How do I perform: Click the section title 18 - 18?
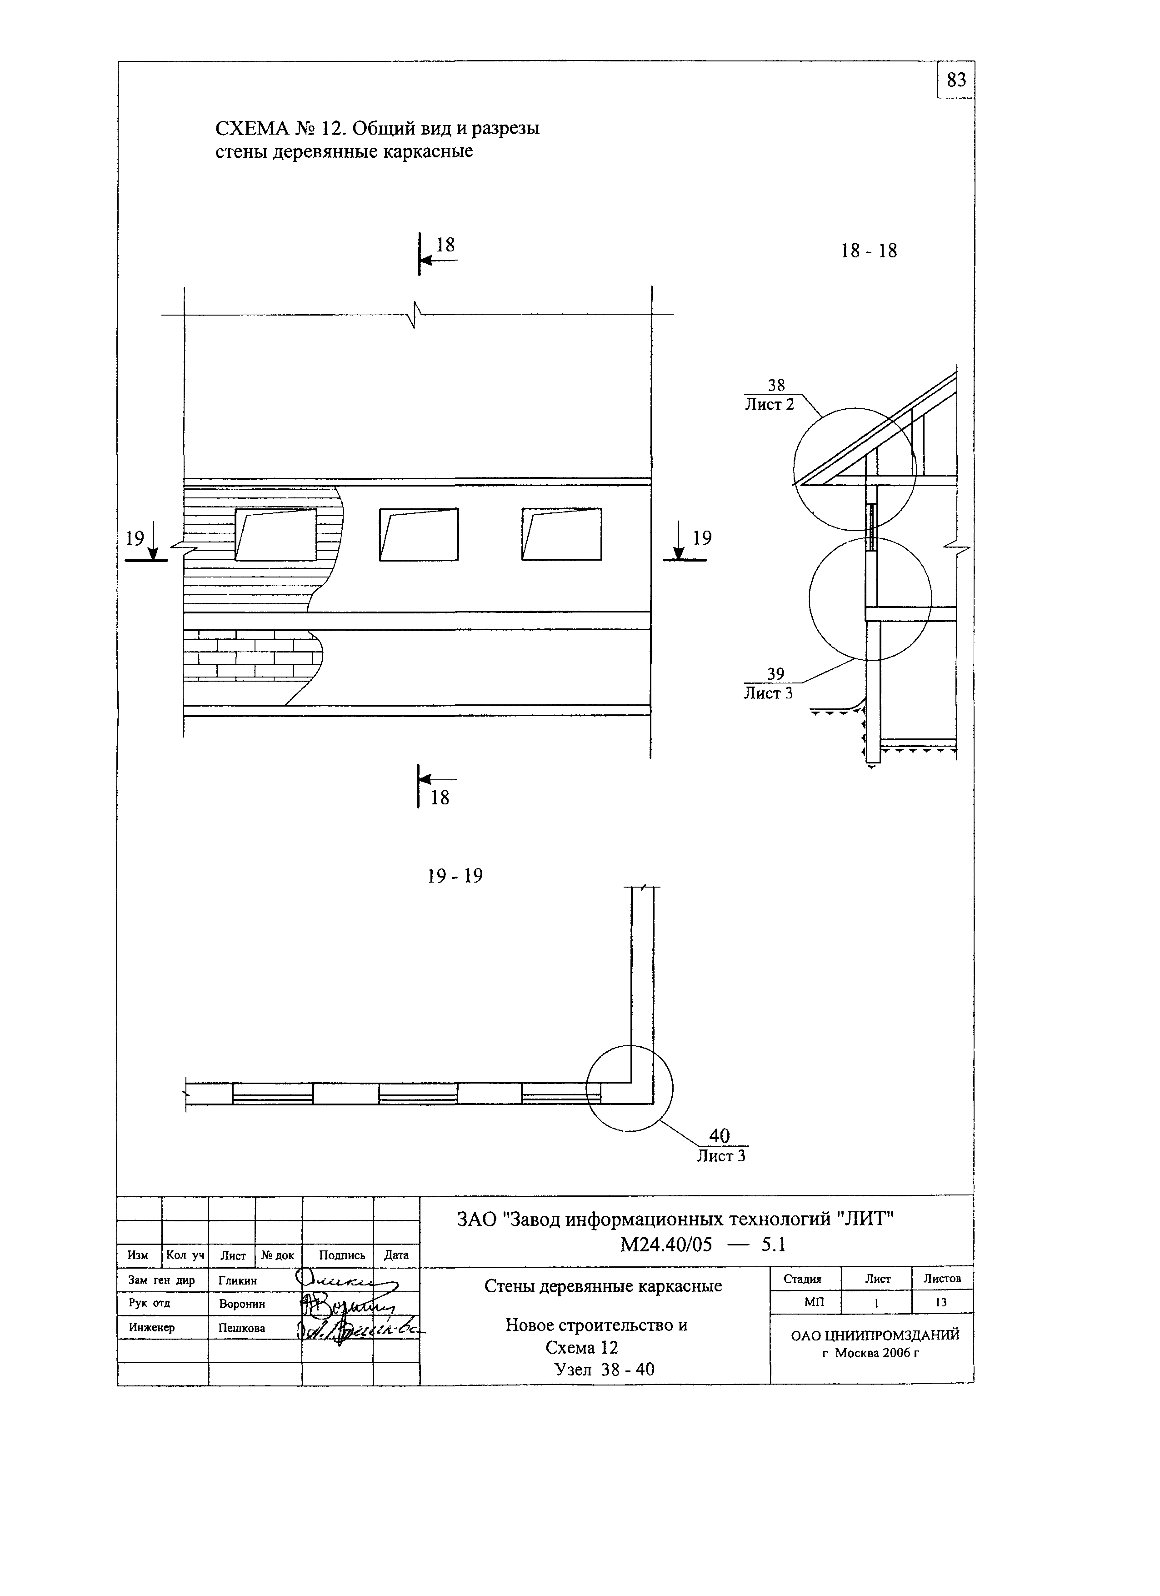pos(869,251)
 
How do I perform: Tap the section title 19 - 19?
pos(455,876)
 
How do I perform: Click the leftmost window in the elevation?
pos(276,535)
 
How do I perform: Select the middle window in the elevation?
pos(419,535)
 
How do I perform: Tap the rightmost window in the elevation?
pos(561,535)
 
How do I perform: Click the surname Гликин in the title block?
pos(238,1281)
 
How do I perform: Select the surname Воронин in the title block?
pos(242,1304)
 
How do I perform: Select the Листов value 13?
pos(941,1303)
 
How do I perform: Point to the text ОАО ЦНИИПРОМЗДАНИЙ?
pos(875,1335)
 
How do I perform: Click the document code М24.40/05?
pos(665,1245)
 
